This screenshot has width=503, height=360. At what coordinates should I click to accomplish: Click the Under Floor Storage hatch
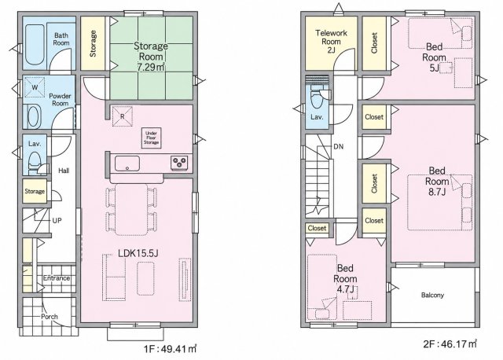click(x=151, y=138)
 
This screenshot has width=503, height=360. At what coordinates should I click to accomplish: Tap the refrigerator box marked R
click(x=123, y=116)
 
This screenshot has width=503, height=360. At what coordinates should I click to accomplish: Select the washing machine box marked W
click(x=35, y=87)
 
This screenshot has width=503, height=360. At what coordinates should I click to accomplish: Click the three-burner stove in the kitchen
click(x=179, y=162)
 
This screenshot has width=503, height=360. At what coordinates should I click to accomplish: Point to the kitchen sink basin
click(x=127, y=163)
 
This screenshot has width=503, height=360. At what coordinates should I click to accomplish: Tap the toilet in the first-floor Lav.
click(x=35, y=163)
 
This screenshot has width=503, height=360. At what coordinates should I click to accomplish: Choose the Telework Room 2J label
click(x=331, y=42)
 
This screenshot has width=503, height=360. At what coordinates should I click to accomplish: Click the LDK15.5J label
click(x=138, y=253)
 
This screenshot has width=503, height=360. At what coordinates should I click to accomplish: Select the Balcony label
click(x=432, y=295)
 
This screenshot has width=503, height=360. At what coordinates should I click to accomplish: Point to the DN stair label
click(x=339, y=147)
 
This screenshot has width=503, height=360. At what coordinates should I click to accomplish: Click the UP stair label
click(x=57, y=221)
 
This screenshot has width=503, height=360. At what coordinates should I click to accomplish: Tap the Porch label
click(x=50, y=317)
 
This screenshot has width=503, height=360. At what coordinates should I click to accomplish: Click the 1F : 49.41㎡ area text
click(x=170, y=349)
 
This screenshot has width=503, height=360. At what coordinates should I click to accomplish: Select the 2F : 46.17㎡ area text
click(x=450, y=344)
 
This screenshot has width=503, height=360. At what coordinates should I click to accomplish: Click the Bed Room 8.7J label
click(x=437, y=182)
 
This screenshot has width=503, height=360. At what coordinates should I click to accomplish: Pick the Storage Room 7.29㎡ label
click(x=151, y=57)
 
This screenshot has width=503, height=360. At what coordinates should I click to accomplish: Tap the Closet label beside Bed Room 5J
click(x=374, y=43)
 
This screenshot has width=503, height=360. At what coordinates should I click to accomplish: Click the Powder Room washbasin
click(x=34, y=117)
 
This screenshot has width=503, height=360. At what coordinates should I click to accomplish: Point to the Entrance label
click(x=57, y=278)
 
